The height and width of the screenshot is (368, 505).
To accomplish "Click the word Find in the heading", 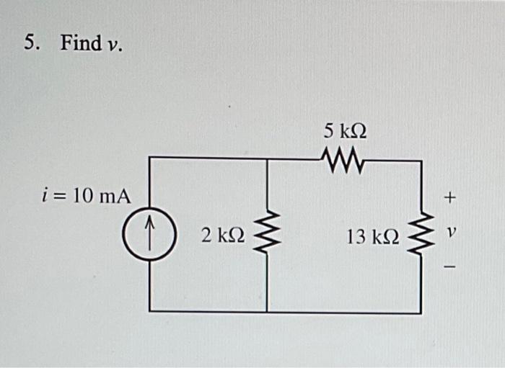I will (x=81, y=43).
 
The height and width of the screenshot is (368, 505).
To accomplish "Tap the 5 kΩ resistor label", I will (x=345, y=131).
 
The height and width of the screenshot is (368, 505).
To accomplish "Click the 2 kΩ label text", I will (x=223, y=235).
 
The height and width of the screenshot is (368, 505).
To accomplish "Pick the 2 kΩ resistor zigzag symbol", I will (x=267, y=235).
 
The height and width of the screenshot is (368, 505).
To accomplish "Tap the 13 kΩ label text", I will (x=372, y=236).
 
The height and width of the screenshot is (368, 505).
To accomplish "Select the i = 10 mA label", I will (x=86, y=195).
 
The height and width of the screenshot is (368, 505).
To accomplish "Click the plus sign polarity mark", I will (x=451, y=196).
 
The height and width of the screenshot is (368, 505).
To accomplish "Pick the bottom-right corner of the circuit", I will (x=421, y=313).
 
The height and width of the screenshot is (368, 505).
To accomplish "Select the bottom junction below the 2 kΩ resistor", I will (x=267, y=312).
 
